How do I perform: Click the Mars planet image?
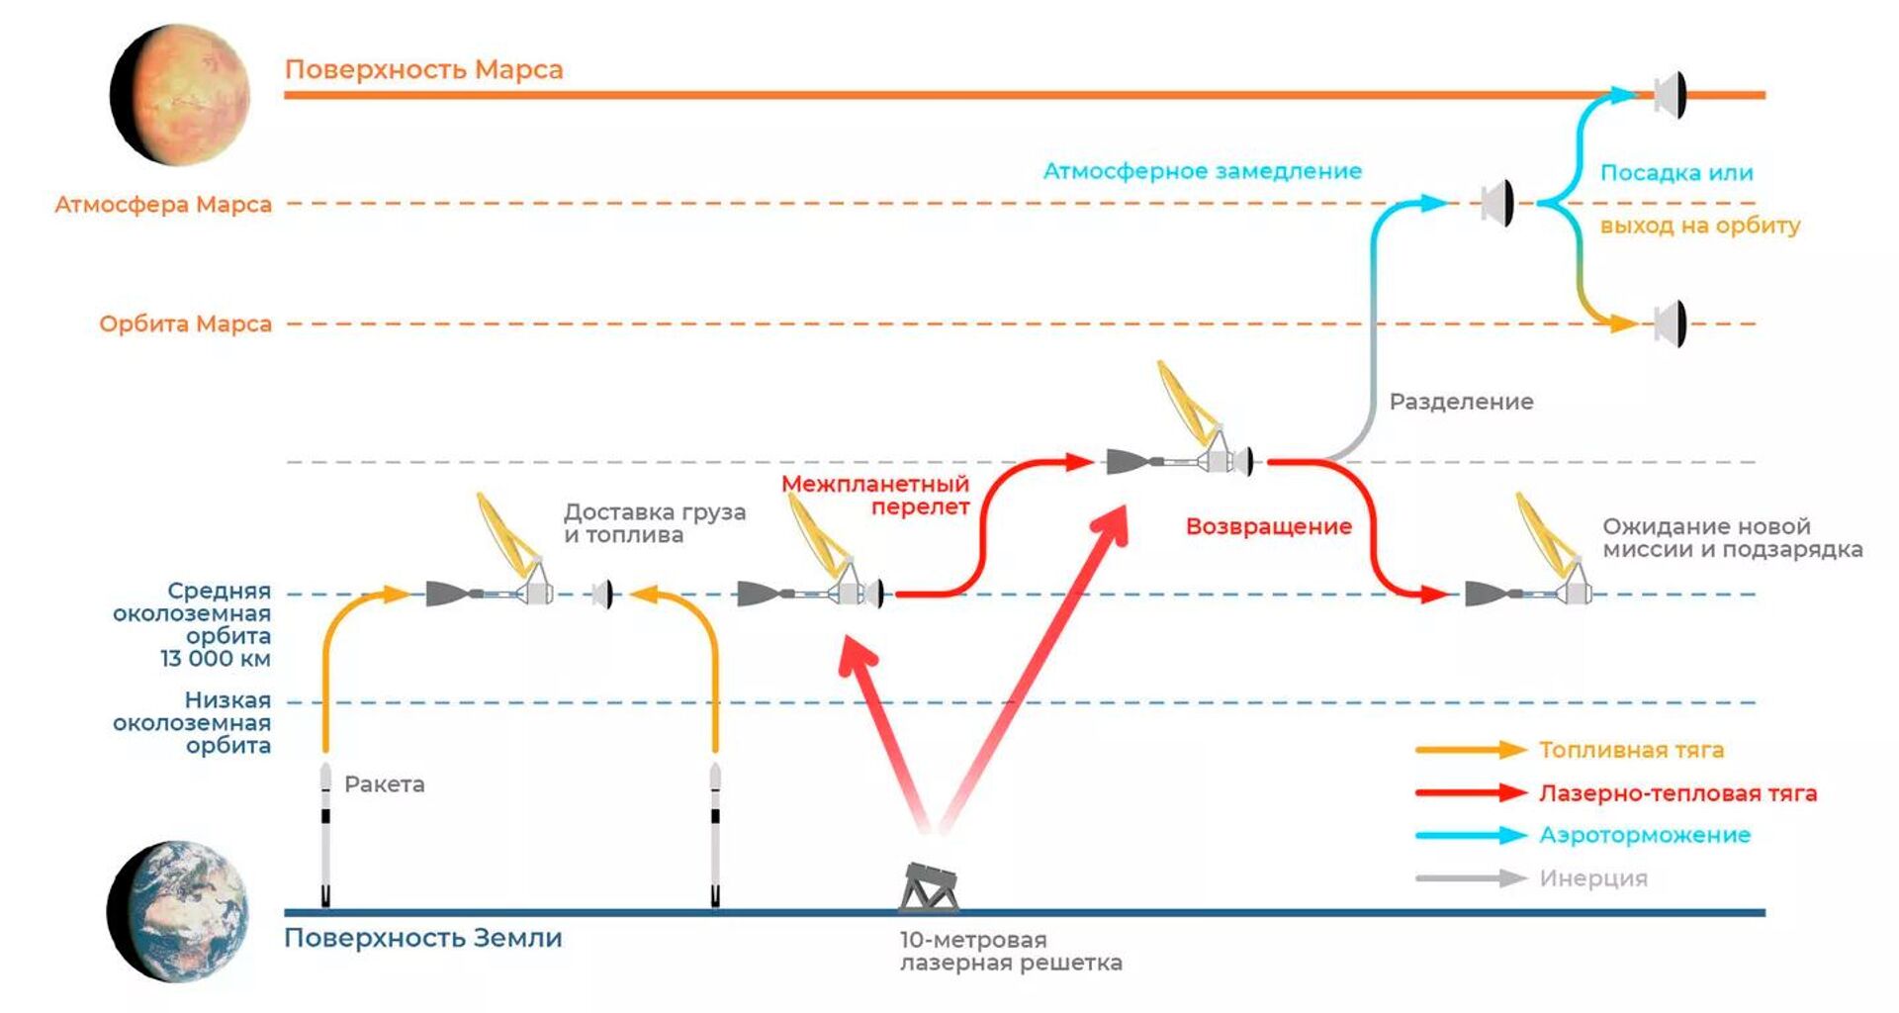point(180,95)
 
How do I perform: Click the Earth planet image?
point(179,911)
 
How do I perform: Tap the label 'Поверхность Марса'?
point(423,69)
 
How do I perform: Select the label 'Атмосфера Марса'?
point(163,205)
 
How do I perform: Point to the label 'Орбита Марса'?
point(185,323)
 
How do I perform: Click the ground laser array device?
point(929,886)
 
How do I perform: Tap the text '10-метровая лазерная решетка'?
point(1010,952)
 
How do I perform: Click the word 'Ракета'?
point(384,784)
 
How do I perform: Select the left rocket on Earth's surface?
point(325,836)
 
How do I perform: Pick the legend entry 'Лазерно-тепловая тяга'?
point(1677,792)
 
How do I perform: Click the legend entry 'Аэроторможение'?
point(1644,835)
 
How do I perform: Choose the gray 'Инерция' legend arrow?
point(1471,878)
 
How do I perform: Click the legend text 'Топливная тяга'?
point(1631,750)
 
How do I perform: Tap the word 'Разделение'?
point(1461,402)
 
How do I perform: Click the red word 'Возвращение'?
point(1268,526)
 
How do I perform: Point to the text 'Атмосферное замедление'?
point(1202,171)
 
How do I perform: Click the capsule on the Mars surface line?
point(1670,95)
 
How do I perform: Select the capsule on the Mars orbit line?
point(1670,323)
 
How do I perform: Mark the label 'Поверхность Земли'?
point(422,938)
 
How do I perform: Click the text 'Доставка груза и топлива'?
point(654,523)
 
